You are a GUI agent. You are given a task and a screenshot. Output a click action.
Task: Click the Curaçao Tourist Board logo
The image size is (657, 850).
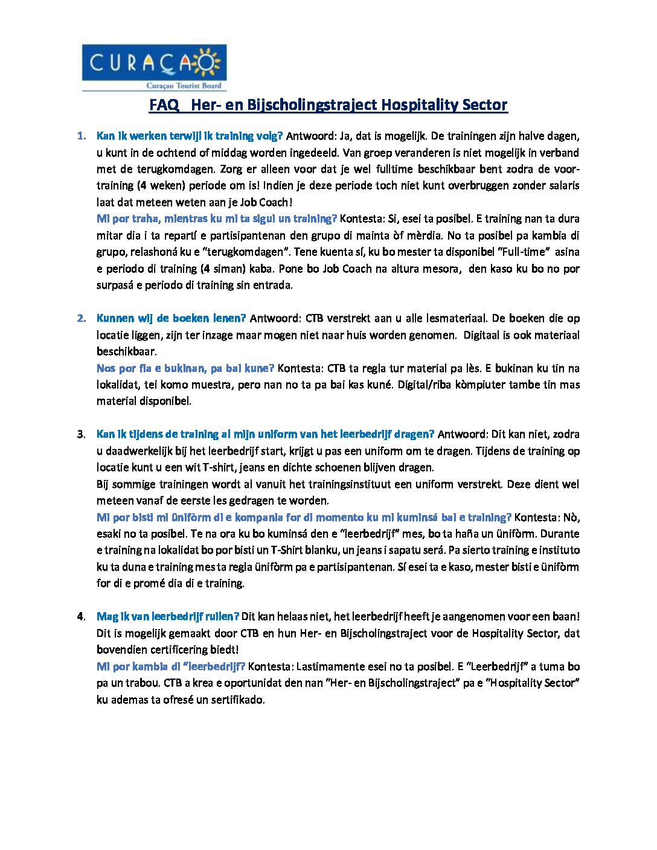154,67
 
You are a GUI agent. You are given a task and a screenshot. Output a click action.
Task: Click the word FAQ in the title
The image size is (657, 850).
164,105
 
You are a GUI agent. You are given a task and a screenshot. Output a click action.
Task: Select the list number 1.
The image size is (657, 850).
82,136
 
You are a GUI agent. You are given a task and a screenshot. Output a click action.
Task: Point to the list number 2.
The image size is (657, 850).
82,318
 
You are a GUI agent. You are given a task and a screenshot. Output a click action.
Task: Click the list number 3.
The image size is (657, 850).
82,434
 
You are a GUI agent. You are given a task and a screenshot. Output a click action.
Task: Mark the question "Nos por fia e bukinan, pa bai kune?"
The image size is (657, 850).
185,368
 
